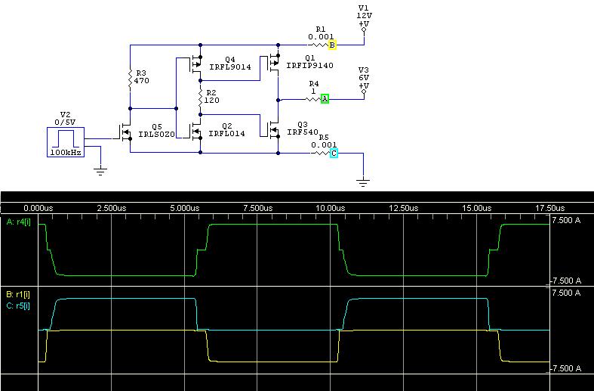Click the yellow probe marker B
click(x=332, y=45)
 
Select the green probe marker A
click(x=325, y=99)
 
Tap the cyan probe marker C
click(x=333, y=154)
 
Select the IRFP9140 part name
click(x=309, y=66)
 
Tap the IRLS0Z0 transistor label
click(x=163, y=134)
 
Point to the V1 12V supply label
click(x=365, y=14)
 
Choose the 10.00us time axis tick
click(x=331, y=207)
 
